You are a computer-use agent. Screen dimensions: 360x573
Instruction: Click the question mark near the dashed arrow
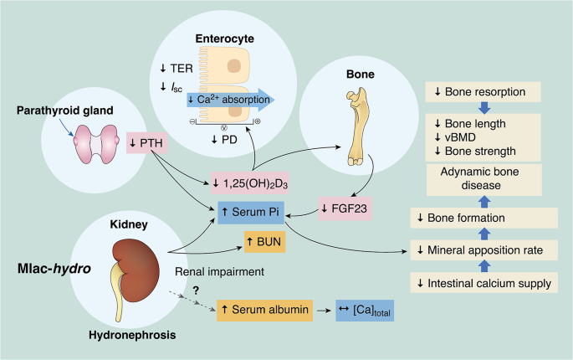(x=196, y=290)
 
